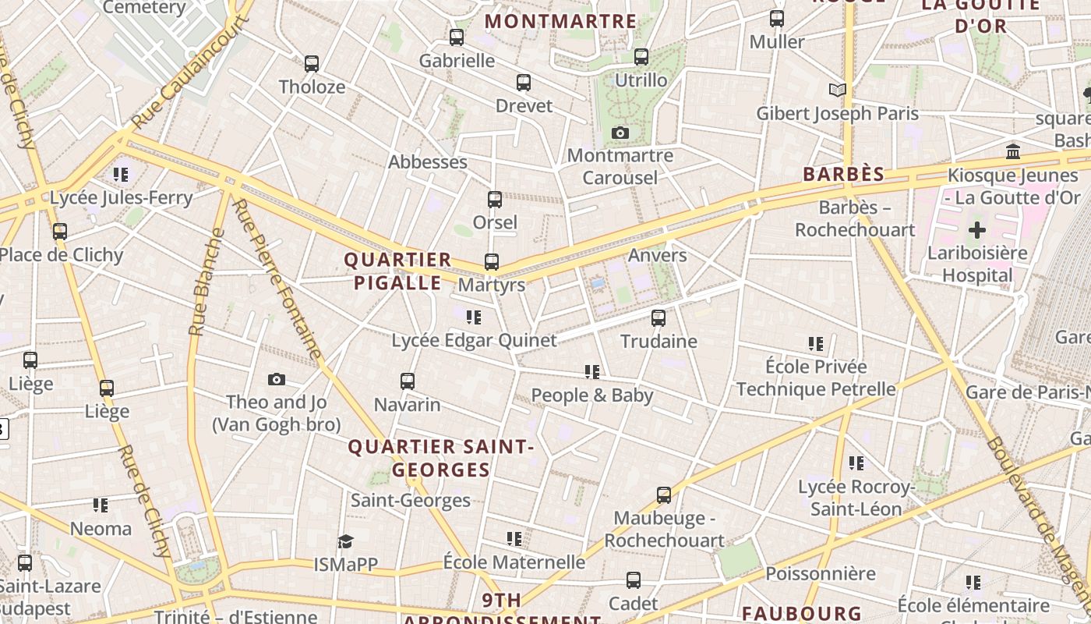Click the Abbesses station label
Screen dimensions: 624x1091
click(x=428, y=162)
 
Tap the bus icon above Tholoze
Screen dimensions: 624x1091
click(x=312, y=64)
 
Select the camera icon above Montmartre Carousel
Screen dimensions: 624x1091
click(x=620, y=133)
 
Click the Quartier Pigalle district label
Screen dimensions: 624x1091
click(x=398, y=271)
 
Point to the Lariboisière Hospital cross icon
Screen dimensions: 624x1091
click(x=976, y=230)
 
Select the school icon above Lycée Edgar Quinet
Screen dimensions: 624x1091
click(x=473, y=317)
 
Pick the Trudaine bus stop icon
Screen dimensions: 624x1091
click(x=658, y=318)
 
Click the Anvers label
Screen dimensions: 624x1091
click(x=658, y=255)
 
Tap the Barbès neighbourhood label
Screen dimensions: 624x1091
click(x=844, y=174)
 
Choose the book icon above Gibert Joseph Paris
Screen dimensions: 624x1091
click(x=838, y=90)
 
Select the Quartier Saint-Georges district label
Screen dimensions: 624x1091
click(x=441, y=458)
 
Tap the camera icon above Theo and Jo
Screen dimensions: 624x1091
click(x=277, y=380)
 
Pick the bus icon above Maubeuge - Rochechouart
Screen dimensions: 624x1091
click(x=664, y=495)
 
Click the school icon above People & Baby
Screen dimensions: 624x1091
click(x=592, y=372)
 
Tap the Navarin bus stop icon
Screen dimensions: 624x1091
click(x=408, y=381)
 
